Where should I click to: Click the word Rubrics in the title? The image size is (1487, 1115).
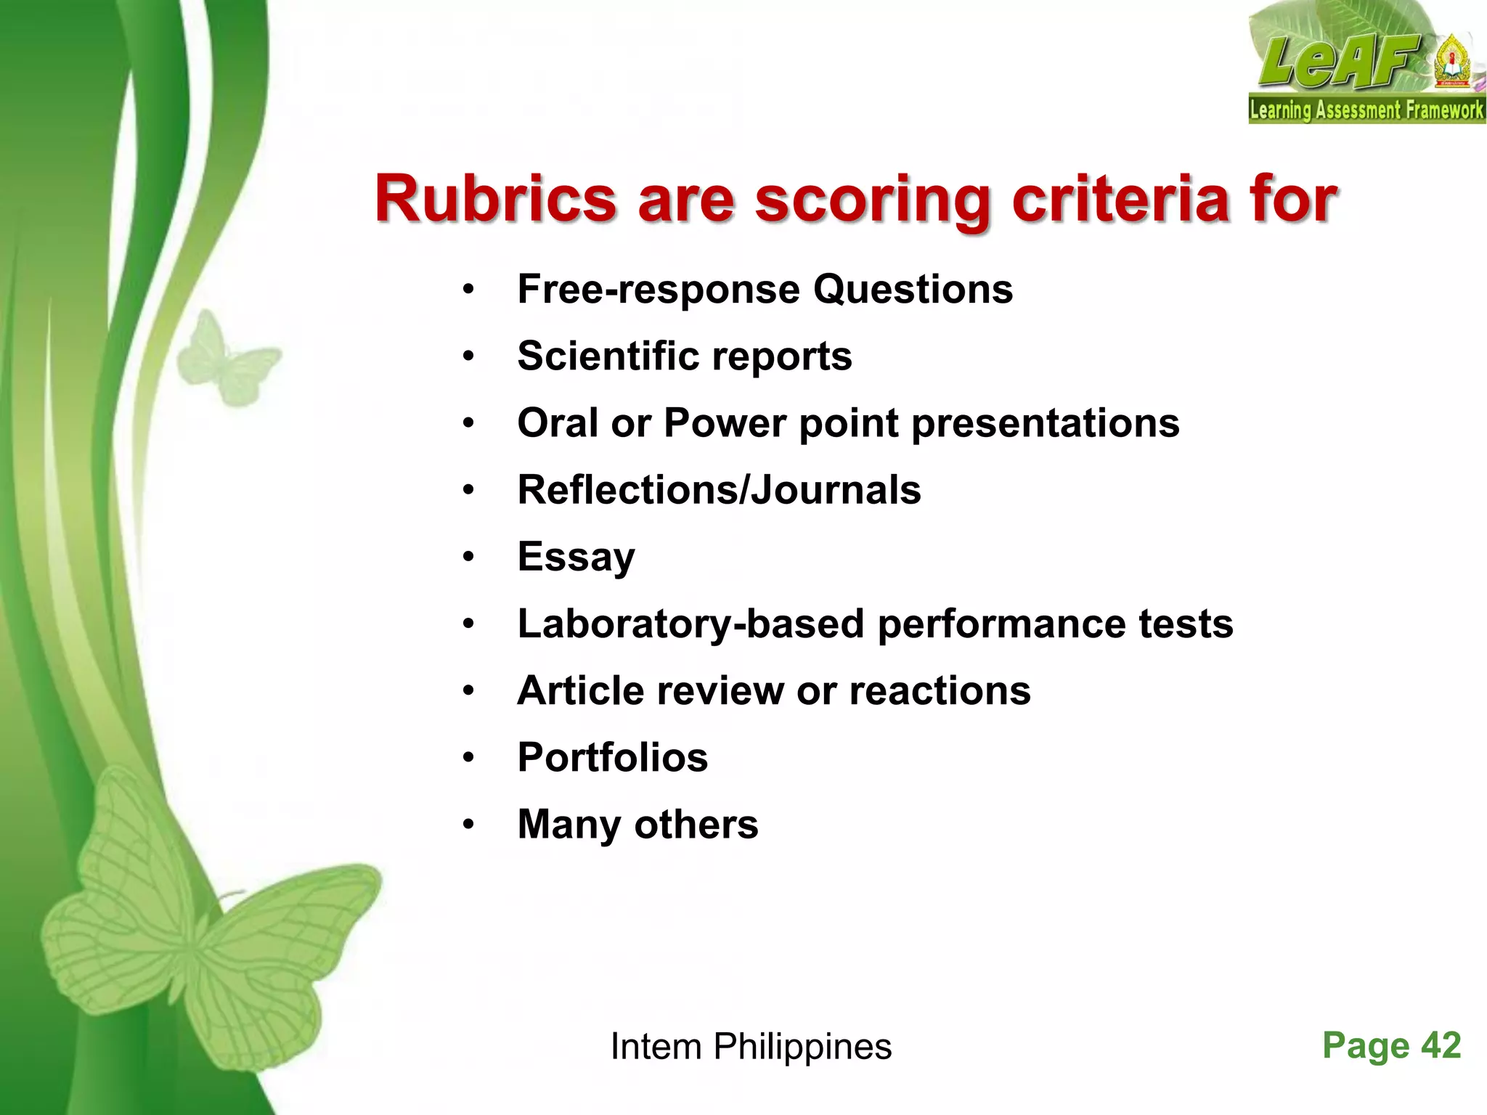point(495,200)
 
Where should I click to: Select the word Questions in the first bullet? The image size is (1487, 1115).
point(913,290)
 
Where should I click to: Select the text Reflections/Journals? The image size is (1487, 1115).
point(719,490)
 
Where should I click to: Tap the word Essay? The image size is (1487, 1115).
point(576,557)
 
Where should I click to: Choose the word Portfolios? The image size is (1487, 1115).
point(612,758)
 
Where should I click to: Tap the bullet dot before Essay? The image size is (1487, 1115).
point(468,557)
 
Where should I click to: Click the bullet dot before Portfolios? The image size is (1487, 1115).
point(468,758)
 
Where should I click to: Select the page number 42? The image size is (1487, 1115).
point(1441,1046)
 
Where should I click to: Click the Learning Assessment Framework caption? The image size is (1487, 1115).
point(1366,110)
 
